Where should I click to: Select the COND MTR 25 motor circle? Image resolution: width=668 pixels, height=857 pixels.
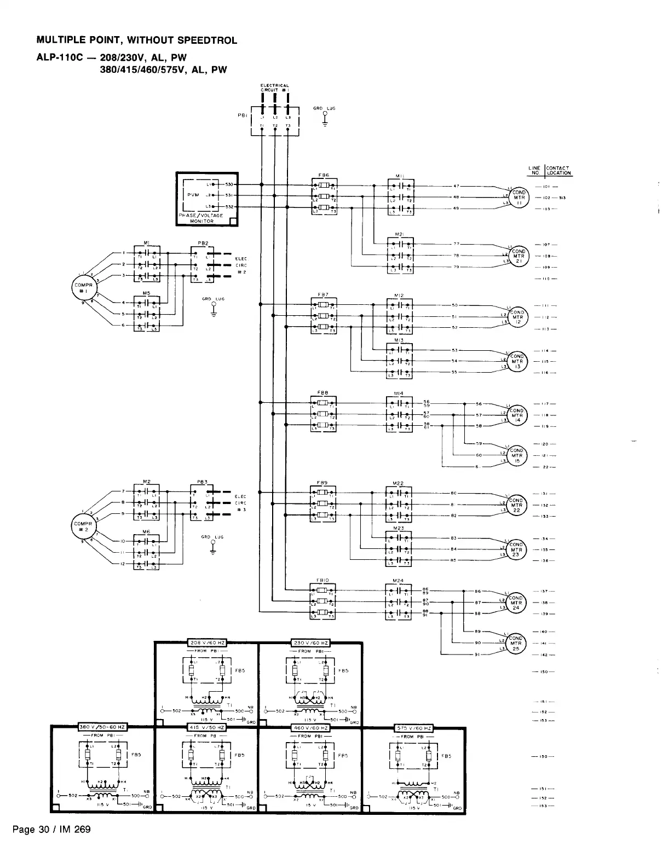(516, 645)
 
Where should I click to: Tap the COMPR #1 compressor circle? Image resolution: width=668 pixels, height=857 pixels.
(83, 288)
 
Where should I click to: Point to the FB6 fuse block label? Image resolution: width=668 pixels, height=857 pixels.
(324, 175)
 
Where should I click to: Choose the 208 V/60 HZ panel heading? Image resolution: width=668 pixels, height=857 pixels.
(206, 642)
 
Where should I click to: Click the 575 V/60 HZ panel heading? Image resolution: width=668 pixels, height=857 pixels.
(413, 728)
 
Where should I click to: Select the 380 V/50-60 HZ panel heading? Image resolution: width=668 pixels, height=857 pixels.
(103, 727)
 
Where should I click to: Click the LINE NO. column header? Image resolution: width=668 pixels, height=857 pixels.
(534, 171)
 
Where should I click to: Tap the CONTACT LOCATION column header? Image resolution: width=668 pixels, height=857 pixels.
(558, 171)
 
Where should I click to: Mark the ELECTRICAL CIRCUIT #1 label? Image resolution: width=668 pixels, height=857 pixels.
(274, 87)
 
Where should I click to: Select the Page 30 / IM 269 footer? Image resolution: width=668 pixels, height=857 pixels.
(55, 830)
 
